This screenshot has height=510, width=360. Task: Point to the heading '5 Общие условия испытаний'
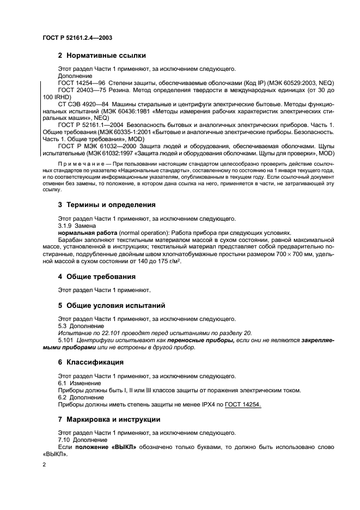coord(115,305)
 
